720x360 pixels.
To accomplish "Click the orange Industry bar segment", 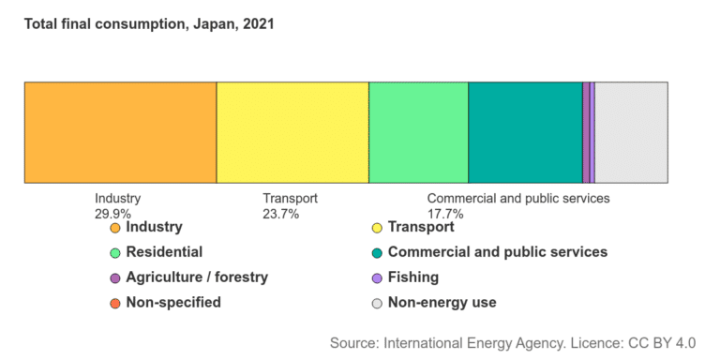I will pyautogui.click(x=120, y=132).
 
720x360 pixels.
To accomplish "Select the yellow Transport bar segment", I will pyautogui.click(x=292, y=132).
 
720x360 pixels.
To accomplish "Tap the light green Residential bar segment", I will pyautogui.click(x=418, y=132).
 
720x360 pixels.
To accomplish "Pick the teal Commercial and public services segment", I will pyautogui.click(x=525, y=132).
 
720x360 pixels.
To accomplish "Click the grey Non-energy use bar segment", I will pyautogui.click(x=631, y=132).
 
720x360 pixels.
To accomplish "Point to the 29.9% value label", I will pyautogui.click(x=112, y=214).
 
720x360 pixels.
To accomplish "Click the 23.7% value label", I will pyautogui.click(x=280, y=214).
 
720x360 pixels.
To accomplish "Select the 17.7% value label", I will pyautogui.click(x=445, y=214).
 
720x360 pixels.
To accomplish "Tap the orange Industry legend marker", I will pyautogui.click(x=115, y=228).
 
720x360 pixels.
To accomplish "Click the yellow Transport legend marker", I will pyautogui.click(x=378, y=228).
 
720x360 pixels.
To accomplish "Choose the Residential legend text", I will pyautogui.click(x=163, y=252).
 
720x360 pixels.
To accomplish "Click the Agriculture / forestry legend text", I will pyautogui.click(x=196, y=277).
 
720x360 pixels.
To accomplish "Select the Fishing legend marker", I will pyautogui.click(x=378, y=278).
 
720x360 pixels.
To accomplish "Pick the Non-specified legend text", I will pyautogui.click(x=172, y=303).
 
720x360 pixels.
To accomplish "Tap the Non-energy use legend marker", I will pyautogui.click(x=378, y=304).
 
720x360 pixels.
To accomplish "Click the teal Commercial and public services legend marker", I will pyautogui.click(x=378, y=253).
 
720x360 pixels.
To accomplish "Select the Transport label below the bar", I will pyautogui.click(x=290, y=199).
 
